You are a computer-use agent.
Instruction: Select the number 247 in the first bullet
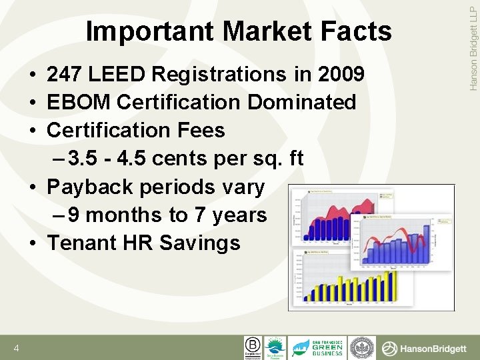tap(66, 74)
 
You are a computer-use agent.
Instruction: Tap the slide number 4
tap(15, 349)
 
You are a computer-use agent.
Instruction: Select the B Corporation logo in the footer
tap(252, 347)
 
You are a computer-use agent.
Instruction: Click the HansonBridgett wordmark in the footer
tap(427, 348)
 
